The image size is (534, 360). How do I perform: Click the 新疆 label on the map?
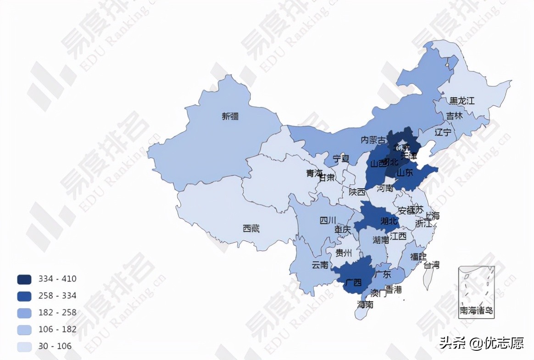230,117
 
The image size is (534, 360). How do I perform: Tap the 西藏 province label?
251,228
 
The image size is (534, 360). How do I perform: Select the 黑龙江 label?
462,101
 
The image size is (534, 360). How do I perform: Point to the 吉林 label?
455,116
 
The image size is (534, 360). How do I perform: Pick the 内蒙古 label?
373,140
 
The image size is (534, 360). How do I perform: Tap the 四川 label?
328,220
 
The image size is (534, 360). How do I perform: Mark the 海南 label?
365,304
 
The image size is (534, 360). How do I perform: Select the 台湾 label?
431,265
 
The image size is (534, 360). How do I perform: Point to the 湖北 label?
389,221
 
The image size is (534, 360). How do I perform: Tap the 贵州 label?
344,253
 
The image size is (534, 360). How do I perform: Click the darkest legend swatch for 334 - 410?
24,279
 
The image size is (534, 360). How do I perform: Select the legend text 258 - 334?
57,296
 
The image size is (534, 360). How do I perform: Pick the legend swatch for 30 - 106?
24,346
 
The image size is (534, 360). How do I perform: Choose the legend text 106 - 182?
57,329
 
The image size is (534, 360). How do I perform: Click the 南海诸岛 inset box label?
477,311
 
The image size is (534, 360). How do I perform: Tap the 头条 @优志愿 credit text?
481,343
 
